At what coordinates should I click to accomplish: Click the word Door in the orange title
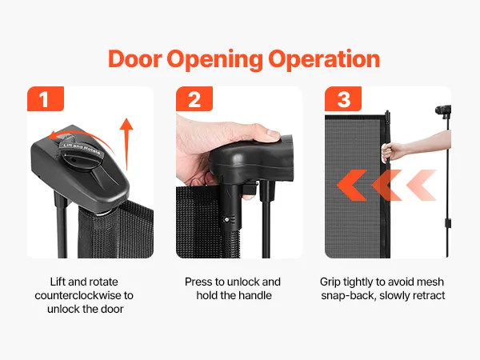pos(135,58)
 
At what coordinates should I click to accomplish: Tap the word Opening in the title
pos(215,60)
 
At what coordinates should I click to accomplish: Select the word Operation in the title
pos(324,60)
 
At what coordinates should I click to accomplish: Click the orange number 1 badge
pos(46,98)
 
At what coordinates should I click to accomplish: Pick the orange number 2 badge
pos(194,98)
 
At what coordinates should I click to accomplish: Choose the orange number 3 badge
pos(343,98)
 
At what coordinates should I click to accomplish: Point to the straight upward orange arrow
pos(126,144)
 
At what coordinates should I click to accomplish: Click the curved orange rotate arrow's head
pos(53,135)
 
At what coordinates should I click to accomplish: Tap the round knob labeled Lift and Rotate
pos(81,154)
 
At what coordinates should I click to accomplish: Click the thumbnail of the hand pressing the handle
pos(239,172)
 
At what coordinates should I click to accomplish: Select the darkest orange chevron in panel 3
pos(352,186)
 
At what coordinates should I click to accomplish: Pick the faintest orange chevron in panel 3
pos(422,186)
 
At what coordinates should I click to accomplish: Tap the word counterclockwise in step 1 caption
pos(79,295)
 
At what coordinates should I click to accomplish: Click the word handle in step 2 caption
pos(255,295)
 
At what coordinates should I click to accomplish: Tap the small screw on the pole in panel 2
pos(227,219)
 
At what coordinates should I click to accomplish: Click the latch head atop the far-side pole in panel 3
pos(443,110)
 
